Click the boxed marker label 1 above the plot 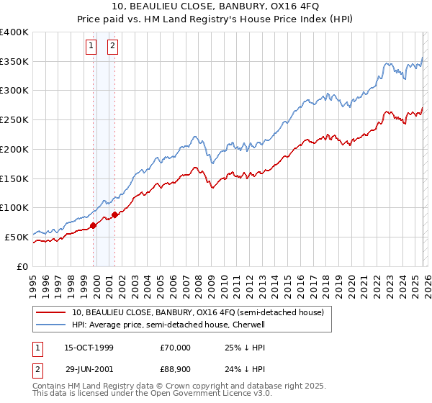(92, 47)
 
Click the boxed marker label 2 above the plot (114, 47)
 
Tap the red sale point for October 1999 (93, 225)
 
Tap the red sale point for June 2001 (114, 214)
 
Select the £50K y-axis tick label (17, 237)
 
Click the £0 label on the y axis (23, 266)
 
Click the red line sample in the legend (50, 313)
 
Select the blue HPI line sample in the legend (50, 325)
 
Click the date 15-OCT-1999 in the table (89, 348)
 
